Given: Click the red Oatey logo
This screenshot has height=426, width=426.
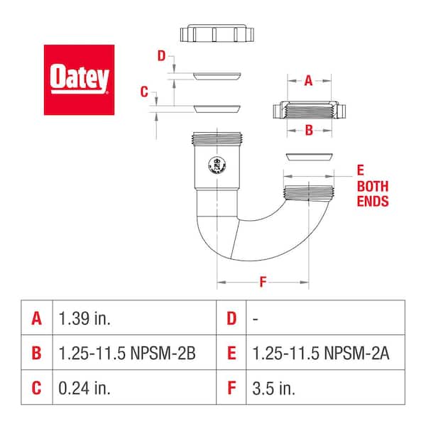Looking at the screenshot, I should click(79, 80).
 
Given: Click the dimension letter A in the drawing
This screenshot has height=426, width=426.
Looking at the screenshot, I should click(308, 81).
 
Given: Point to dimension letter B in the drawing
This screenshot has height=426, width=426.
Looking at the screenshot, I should click(308, 129).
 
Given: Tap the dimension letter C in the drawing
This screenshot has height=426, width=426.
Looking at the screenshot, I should click(144, 92).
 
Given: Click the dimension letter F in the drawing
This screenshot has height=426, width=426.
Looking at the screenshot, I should click(263, 283).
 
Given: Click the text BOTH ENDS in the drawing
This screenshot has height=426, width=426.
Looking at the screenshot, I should click(372, 193).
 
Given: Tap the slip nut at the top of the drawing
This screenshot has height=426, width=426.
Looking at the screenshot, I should click(217, 34).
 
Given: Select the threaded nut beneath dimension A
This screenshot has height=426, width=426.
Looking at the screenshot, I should click(309, 111).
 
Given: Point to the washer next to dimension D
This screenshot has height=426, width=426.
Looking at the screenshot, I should click(217, 75).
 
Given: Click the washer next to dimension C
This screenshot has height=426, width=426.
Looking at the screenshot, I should click(217, 109).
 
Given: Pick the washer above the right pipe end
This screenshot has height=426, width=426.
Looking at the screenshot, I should click(309, 155).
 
